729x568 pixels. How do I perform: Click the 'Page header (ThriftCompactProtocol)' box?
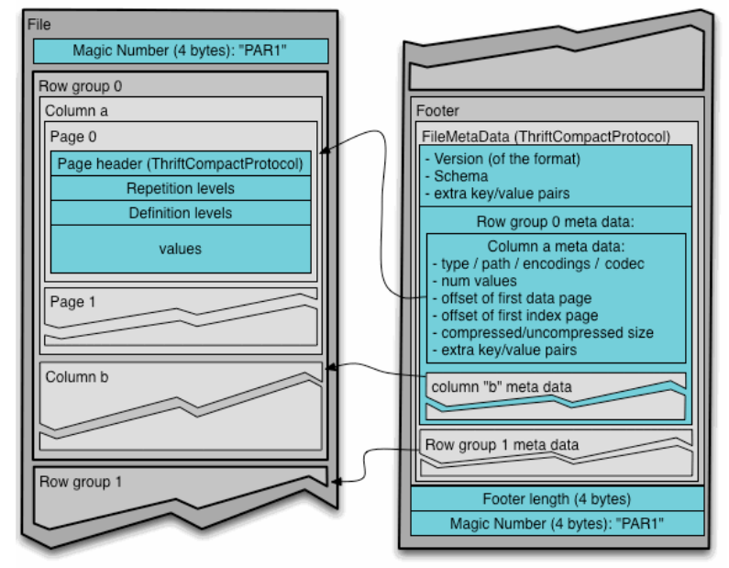coord(180,164)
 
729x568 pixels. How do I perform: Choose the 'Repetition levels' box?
coord(180,188)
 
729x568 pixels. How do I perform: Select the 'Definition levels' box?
coord(180,213)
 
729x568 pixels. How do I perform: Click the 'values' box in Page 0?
coord(180,248)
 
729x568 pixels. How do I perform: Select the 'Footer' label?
coord(437,111)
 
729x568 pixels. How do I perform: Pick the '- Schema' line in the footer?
coord(454,174)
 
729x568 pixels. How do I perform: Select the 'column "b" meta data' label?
coord(501,386)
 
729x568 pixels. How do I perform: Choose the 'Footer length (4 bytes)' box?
coord(557,500)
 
